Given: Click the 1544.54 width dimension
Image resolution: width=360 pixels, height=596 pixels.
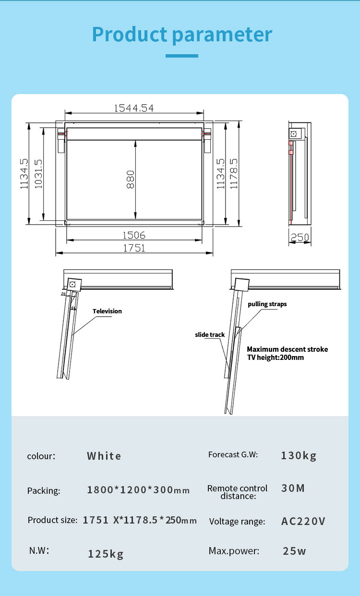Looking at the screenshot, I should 134,108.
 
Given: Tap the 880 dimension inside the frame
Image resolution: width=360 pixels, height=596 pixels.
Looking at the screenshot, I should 131,179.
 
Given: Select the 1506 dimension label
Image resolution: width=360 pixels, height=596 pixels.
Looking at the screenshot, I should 134,235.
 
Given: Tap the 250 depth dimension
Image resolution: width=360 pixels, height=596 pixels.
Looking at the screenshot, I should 300,238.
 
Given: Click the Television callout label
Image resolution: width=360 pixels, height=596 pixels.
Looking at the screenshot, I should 107,311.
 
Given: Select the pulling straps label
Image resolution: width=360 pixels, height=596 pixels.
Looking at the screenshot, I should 267,304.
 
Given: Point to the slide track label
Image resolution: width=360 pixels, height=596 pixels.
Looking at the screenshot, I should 210,334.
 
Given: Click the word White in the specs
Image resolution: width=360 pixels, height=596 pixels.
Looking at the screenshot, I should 104,456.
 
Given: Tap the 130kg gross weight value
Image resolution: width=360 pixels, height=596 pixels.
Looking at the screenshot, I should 299,455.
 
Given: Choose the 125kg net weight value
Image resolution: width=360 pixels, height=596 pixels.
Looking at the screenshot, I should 106,554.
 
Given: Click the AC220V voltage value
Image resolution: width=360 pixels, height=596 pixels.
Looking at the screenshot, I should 303,521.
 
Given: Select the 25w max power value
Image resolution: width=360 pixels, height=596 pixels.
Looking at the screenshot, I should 294,551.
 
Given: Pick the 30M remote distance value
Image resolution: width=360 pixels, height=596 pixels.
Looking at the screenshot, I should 293,488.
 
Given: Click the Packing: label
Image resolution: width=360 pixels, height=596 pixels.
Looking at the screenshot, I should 44,490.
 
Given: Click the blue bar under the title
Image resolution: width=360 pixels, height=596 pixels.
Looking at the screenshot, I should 182,56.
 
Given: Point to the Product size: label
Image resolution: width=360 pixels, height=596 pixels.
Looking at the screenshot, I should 52,520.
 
